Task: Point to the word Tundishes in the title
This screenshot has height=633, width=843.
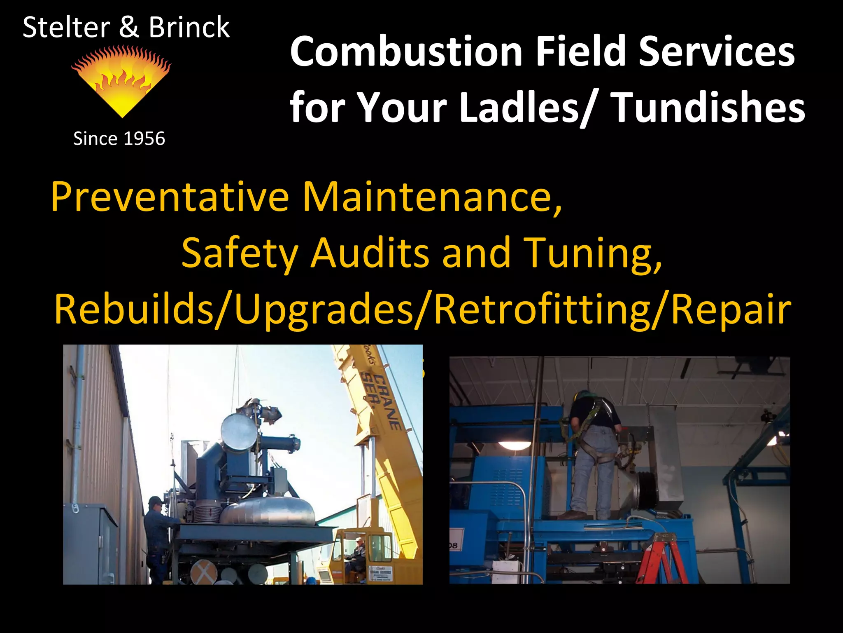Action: click(708, 107)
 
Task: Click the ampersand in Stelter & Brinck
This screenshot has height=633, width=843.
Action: click(129, 27)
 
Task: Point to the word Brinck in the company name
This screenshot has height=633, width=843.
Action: click(189, 27)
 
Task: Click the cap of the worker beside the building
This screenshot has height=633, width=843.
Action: click(156, 501)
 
